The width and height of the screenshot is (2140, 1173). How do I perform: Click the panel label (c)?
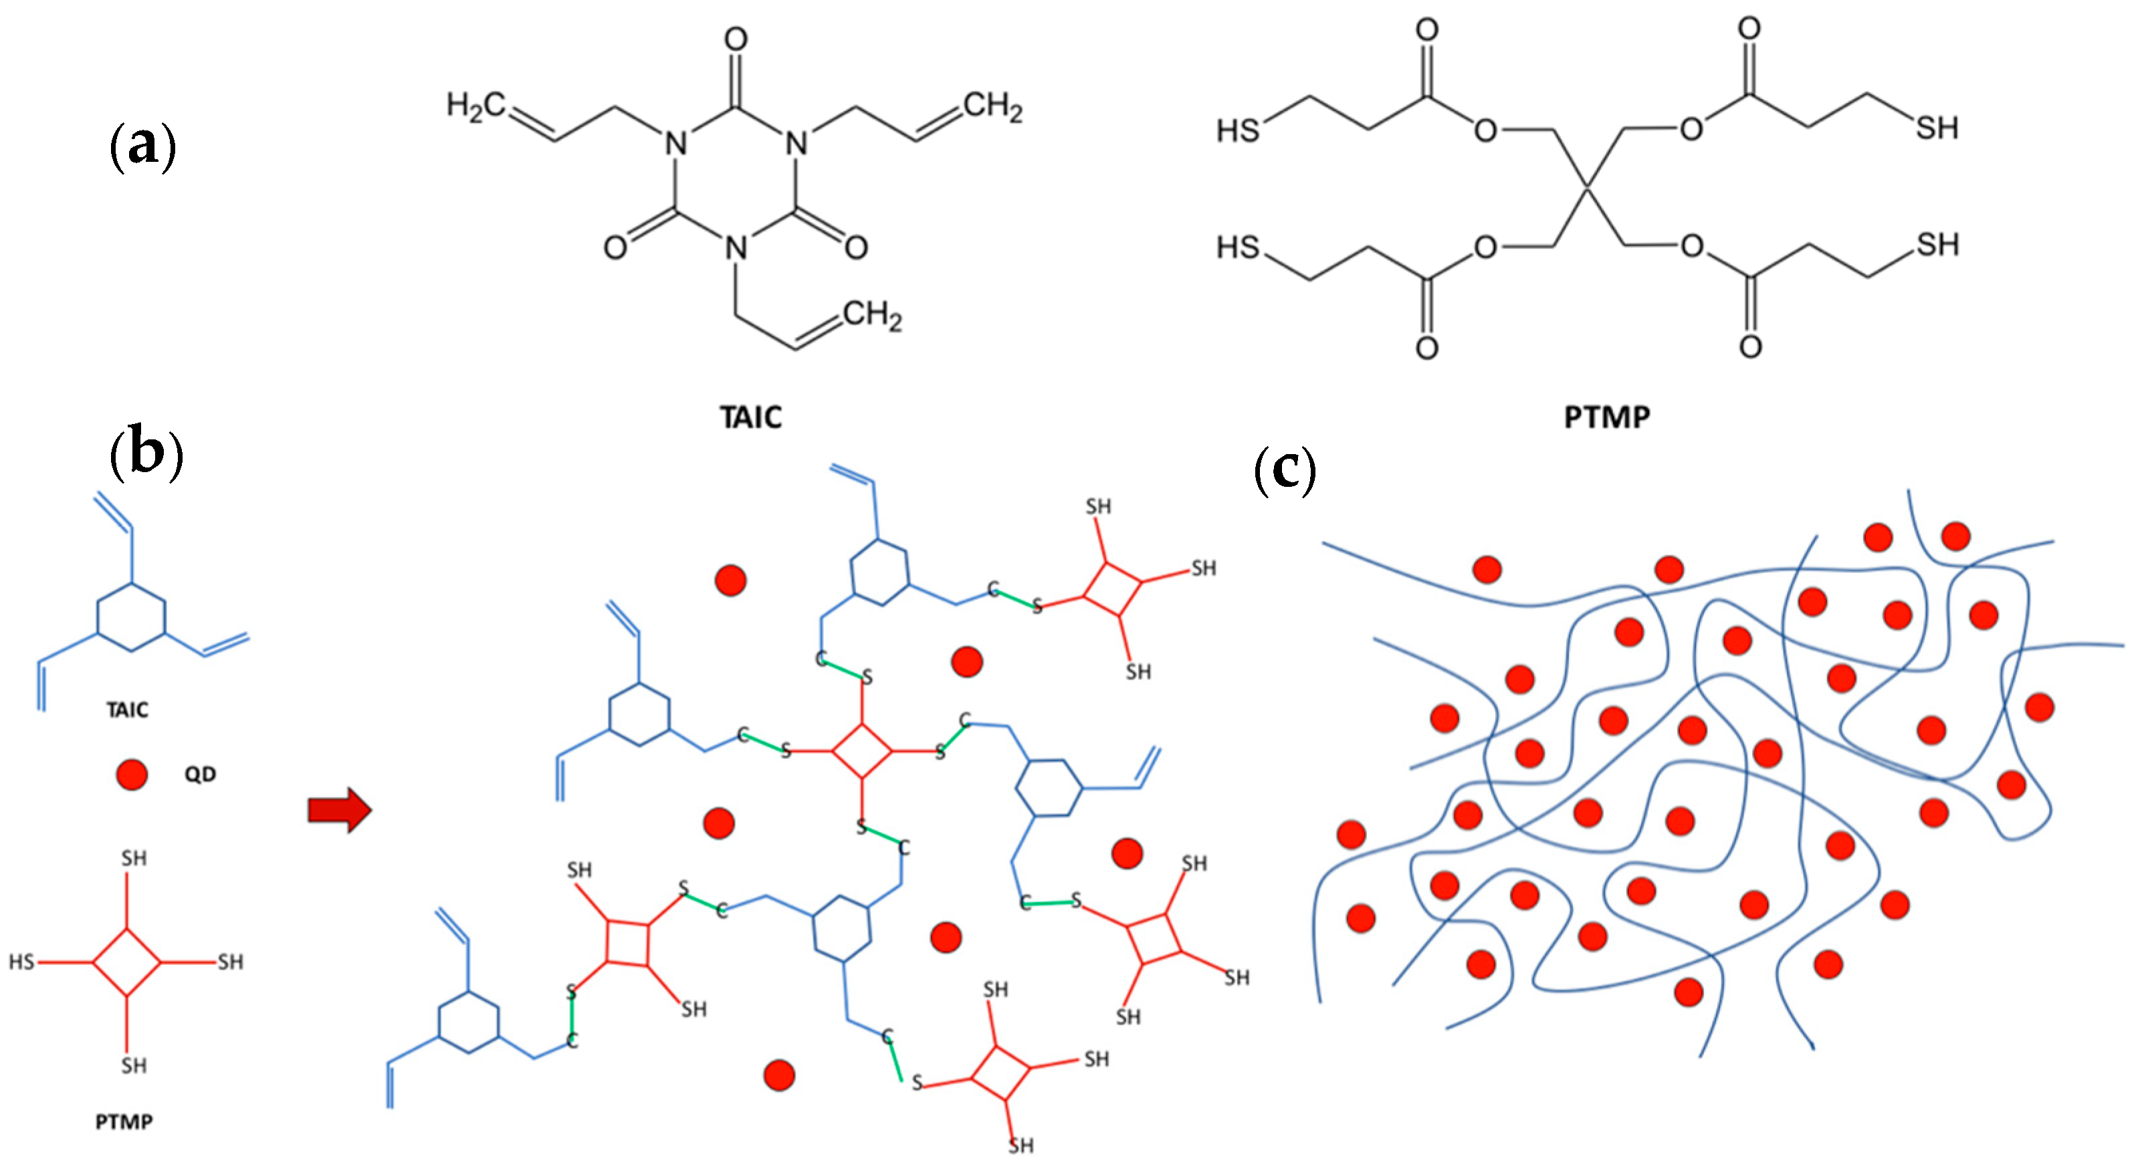point(1284,469)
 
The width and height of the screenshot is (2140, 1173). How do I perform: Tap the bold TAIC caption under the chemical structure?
point(750,417)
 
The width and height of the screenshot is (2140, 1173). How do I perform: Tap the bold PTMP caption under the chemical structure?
point(1606,417)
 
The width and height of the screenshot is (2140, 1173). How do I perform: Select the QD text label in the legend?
point(199,774)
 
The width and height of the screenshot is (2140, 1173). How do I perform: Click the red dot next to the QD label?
point(131,774)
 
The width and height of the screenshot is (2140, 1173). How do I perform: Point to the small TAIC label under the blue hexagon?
point(127,710)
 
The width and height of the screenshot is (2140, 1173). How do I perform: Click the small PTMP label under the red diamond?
point(124,1122)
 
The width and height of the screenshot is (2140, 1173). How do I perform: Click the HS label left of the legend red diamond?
point(21,962)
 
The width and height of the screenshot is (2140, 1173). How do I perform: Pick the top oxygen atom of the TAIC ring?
point(735,39)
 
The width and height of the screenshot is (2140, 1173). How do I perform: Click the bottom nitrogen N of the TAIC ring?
point(735,247)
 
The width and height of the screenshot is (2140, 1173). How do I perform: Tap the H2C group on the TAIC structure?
point(475,106)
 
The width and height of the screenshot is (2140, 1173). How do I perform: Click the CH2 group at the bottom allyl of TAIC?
point(871,315)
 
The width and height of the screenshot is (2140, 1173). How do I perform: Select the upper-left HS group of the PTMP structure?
point(1238,130)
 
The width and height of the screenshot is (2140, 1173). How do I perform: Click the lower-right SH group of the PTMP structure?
point(1937,245)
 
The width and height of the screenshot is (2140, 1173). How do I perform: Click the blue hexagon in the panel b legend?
point(131,617)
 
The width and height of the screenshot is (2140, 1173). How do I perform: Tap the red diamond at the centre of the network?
point(861,751)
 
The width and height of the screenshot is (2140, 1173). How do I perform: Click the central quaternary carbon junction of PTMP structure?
point(1588,188)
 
